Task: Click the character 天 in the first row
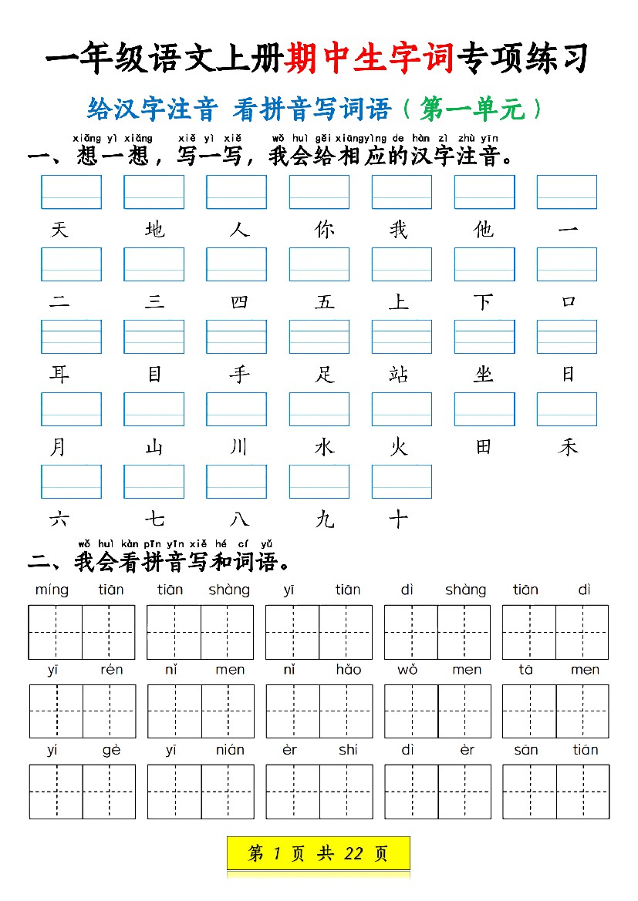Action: [x=59, y=230]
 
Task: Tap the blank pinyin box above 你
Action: [x=319, y=192]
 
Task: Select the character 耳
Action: [x=59, y=375]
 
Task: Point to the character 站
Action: [x=398, y=375]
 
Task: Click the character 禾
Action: [x=568, y=447]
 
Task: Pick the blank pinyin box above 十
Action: [x=402, y=482]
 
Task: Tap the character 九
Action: [x=325, y=519]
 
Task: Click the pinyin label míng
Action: [x=52, y=590]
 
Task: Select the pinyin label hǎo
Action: [x=348, y=670]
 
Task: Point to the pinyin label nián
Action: [x=230, y=750]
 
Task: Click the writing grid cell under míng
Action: [x=56, y=632]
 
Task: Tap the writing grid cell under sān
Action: [x=529, y=792]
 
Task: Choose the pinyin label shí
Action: [x=348, y=750]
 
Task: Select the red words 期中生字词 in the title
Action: [x=369, y=59]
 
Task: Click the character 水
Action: [x=325, y=447]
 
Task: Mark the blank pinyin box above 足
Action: [x=319, y=337]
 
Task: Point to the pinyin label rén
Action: [x=111, y=670]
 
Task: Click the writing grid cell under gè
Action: [x=109, y=792]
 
